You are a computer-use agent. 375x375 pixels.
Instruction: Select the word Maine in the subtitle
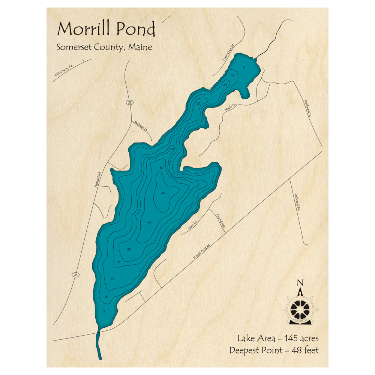139,48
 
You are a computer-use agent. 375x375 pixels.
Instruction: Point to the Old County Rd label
63,70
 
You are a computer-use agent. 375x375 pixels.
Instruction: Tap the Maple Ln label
229,107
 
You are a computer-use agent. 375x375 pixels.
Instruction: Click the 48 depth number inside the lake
162,193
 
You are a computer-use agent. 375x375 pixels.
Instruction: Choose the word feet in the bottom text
311,351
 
